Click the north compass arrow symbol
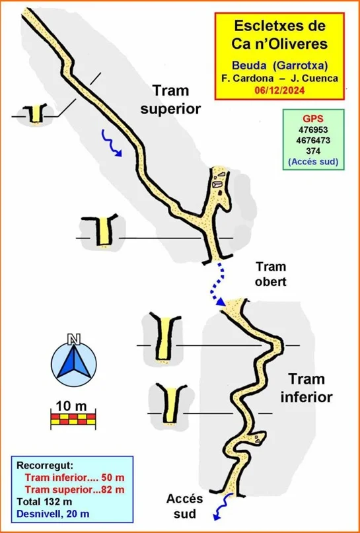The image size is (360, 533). point(73,364)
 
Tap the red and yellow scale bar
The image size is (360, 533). point(73,419)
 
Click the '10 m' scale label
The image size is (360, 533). point(71,406)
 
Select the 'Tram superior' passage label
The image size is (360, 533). point(170,100)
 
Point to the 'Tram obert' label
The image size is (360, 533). point(271,274)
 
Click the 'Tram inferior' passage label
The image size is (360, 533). point(306,388)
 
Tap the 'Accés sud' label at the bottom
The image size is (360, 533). point(184,507)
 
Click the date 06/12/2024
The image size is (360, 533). point(279,91)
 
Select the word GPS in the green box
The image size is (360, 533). point(313,119)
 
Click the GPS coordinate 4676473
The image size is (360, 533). point(313,141)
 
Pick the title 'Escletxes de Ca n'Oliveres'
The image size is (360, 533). point(279,35)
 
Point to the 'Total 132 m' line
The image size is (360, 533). point(44,501)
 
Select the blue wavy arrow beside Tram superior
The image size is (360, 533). point(112,143)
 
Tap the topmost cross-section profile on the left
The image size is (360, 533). point(34,113)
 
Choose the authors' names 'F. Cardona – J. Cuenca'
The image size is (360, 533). point(279,78)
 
